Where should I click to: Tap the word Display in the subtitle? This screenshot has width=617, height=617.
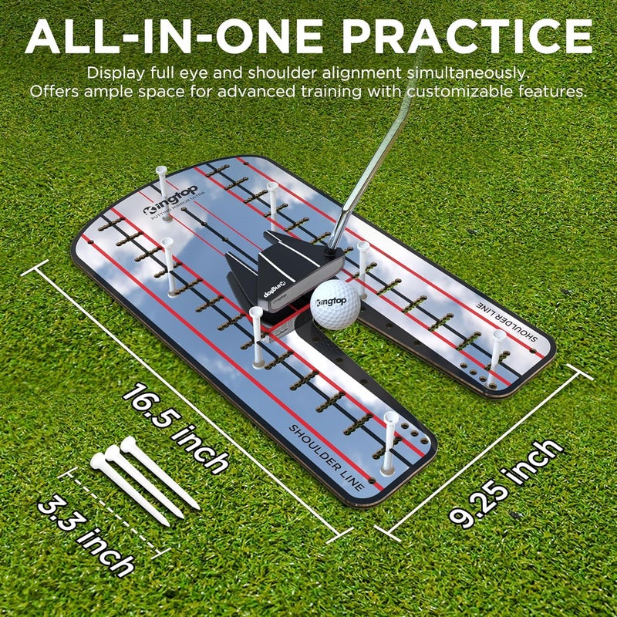[114, 73]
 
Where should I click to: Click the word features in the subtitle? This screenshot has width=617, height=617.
[551, 91]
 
